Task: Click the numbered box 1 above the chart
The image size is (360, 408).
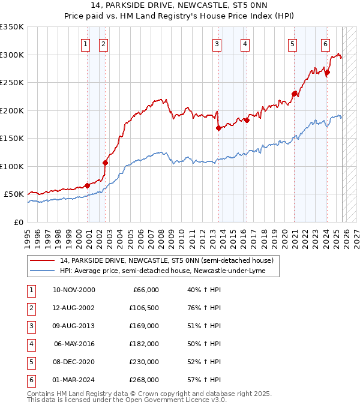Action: [86, 43]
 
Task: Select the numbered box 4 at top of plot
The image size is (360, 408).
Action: [245, 43]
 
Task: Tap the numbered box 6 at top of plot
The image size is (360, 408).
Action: [325, 43]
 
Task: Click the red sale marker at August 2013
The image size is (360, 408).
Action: [218, 128]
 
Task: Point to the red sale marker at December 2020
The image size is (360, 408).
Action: [294, 94]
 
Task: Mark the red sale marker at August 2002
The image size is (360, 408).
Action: [105, 163]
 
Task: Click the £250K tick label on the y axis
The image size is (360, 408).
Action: [12, 83]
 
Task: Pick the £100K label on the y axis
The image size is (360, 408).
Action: [12, 166]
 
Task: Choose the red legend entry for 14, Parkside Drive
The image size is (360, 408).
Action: [166, 260]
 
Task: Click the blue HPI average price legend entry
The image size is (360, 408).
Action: [162, 271]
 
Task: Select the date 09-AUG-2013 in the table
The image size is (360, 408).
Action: [74, 326]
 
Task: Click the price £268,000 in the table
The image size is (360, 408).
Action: [144, 380]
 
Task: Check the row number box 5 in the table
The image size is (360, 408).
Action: [30, 362]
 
